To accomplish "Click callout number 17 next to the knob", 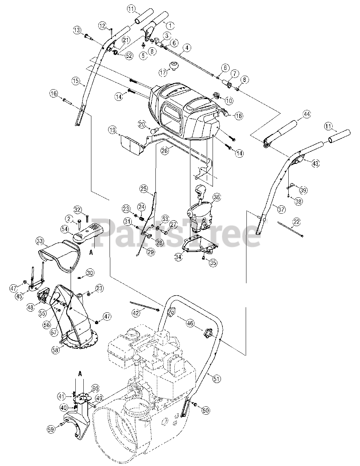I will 163,73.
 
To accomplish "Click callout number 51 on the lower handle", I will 217,379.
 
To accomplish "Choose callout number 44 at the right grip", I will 307,114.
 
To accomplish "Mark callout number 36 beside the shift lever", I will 217,197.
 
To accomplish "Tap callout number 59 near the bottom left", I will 51,430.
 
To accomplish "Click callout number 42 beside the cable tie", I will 136,313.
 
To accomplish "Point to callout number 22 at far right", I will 297,221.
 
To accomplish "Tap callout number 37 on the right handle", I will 281,210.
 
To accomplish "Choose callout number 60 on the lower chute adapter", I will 95,388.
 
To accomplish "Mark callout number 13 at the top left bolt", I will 77,30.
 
